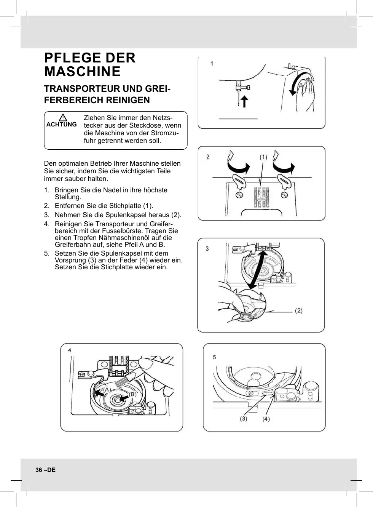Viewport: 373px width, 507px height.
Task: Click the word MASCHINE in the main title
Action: point(83,72)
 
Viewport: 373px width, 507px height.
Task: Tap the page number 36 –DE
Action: point(46,470)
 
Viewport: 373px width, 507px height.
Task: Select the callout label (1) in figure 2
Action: point(263,157)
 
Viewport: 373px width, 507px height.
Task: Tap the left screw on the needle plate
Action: point(239,195)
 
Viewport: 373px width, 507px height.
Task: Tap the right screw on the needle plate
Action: point(284,195)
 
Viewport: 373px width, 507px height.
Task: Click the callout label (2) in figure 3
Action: point(299,311)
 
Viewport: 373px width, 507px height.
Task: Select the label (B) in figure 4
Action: point(132,394)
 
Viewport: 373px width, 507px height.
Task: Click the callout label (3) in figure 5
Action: point(243,419)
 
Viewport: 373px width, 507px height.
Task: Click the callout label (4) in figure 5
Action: point(266,419)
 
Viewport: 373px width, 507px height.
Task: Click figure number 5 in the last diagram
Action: point(214,357)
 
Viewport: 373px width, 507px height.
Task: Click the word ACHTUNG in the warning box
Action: point(61,125)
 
